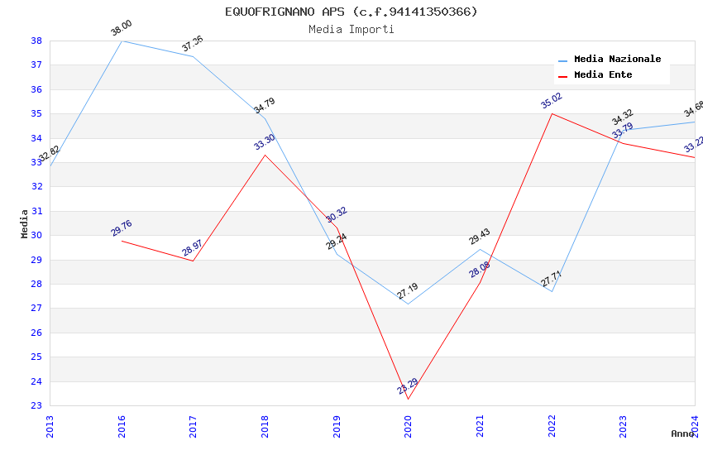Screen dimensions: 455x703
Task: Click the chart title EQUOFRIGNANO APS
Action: (x=351, y=12)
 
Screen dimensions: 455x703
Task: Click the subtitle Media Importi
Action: (x=351, y=30)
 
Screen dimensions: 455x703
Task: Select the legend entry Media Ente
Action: (x=603, y=75)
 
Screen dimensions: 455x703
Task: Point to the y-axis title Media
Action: (x=25, y=223)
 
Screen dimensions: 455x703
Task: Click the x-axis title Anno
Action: (x=682, y=433)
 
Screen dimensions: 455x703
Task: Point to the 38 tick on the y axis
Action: (x=36, y=41)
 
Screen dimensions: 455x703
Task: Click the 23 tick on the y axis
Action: (x=36, y=406)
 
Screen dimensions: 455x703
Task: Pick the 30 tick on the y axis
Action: (x=36, y=235)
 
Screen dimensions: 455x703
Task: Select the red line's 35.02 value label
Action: (x=552, y=101)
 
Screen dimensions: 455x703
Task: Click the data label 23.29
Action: (x=408, y=386)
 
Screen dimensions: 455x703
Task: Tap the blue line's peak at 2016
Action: (x=122, y=41)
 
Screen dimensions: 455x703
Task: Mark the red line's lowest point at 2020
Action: (x=408, y=399)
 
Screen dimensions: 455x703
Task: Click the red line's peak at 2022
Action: (x=552, y=113)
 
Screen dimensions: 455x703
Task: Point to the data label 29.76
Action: (x=122, y=228)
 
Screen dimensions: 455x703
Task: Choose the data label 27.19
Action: (x=408, y=291)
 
